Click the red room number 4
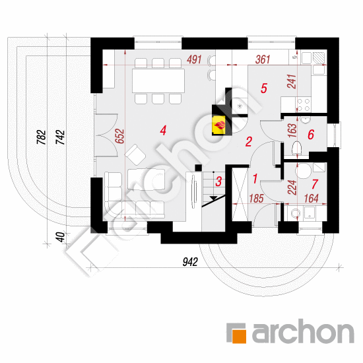point(163,131)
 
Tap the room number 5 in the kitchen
point(264,88)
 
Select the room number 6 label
point(311,135)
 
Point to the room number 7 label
point(315,184)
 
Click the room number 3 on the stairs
point(218,181)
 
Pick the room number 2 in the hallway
point(249,141)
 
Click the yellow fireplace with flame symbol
point(219,125)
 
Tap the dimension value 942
point(190,262)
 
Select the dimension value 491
point(195,59)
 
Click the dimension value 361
point(263,59)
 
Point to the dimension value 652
point(119,136)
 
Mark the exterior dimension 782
point(42,137)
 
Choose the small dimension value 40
point(61,237)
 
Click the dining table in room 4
point(158,81)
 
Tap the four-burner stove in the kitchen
point(304,105)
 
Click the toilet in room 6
point(297,148)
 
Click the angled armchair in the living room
point(135,154)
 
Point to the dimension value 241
point(292,81)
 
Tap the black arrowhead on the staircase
point(213,198)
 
